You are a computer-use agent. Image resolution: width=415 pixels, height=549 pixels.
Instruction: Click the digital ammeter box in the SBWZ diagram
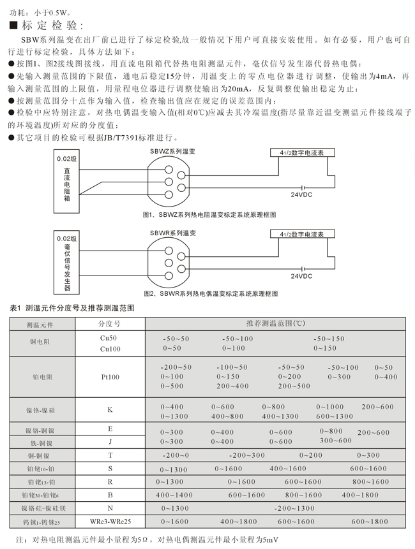tap(298, 154)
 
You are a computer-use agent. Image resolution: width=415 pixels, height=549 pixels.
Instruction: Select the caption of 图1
tap(210, 216)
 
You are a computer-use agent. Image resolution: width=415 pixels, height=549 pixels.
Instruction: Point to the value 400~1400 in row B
tap(174, 495)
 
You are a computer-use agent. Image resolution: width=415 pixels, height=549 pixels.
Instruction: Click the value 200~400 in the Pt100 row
tap(232, 386)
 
